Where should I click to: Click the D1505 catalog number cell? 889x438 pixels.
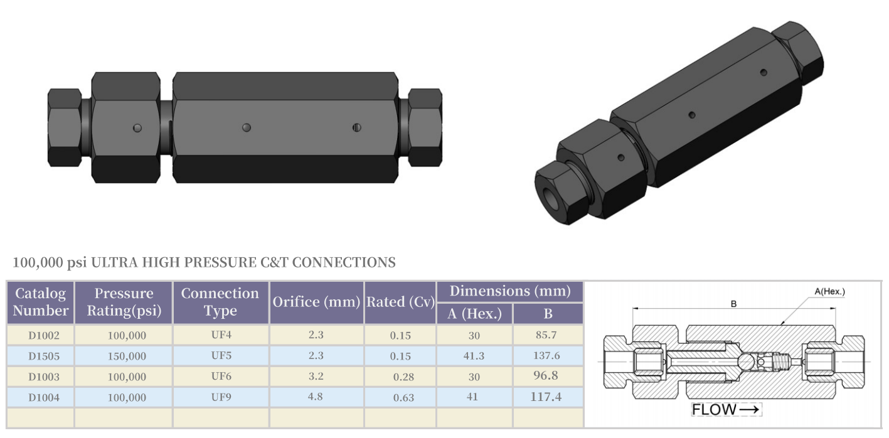pyautogui.click(x=43, y=356)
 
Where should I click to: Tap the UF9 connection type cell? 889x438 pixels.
pyautogui.click(x=221, y=397)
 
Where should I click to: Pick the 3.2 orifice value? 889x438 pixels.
pyautogui.click(x=316, y=376)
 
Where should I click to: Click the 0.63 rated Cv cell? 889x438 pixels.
pyautogui.click(x=400, y=397)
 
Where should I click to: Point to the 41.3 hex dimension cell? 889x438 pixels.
pyautogui.click(x=474, y=356)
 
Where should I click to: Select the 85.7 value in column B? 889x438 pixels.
pyautogui.click(x=547, y=335)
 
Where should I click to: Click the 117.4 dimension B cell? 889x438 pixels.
pyautogui.click(x=547, y=397)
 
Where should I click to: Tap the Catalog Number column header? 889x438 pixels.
pyautogui.click(x=41, y=302)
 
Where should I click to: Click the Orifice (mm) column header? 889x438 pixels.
pyautogui.click(x=317, y=302)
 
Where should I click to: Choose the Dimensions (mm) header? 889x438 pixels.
pyautogui.click(x=510, y=291)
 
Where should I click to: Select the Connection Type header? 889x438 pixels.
pyautogui.click(x=220, y=302)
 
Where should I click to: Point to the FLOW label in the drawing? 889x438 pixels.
pyautogui.click(x=714, y=410)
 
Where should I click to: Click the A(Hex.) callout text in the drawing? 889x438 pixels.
pyautogui.click(x=829, y=292)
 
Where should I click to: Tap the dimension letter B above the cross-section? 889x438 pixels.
pyautogui.click(x=733, y=304)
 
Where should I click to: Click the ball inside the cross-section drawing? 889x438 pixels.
pyautogui.click(x=745, y=362)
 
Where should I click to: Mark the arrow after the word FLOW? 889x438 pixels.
pyautogui.click(x=750, y=410)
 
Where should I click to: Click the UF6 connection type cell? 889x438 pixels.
pyautogui.click(x=221, y=376)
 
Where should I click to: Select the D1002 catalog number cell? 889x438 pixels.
pyautogui.click(x=43, y=335)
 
